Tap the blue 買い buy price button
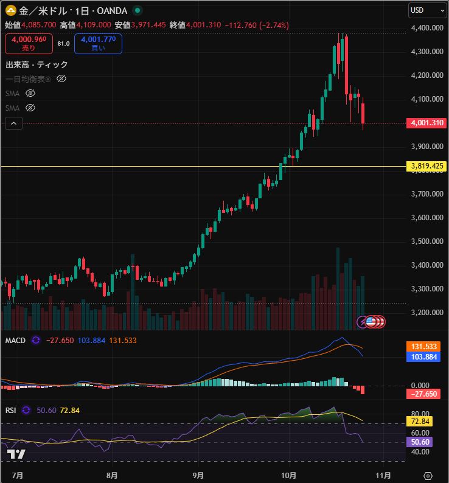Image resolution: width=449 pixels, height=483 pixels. pyautogui.click(x=98, y=44)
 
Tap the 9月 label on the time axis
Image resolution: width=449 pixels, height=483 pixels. pyautogui.click(x=198, y=474)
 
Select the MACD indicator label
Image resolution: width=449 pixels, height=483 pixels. pyautogui.click(x=15, y=340)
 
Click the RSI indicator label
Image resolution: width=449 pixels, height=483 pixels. pyautogui.click(x=10, y=410)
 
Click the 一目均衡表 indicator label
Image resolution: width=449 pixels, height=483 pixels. pyautogui.click(x=28, y=79)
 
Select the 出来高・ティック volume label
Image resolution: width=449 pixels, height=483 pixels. pyautogui.click(x=37, y=64)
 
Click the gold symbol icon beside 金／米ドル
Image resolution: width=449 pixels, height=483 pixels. pyautogui.click(x=11, y=10)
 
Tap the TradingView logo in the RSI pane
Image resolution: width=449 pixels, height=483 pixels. pyautogui.click(x=16, y=454)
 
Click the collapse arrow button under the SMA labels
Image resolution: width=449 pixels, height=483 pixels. pyautogui.click(x=14, y=123)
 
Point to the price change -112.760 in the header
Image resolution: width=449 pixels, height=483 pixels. pyautogui.click(x=240, y=25)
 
